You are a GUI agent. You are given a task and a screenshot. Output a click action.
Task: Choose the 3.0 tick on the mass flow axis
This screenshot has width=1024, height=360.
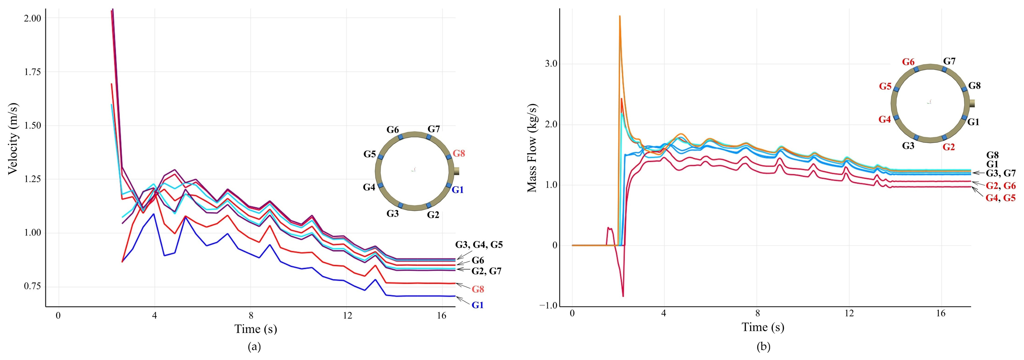pos(551,64)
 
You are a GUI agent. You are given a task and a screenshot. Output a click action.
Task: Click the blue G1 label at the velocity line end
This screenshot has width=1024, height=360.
pos(477,305)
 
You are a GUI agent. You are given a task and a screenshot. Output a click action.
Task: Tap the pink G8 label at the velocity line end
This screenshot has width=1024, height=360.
pos(478,289)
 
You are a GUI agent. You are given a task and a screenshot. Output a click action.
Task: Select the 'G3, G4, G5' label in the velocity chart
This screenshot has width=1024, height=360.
pos(479,245)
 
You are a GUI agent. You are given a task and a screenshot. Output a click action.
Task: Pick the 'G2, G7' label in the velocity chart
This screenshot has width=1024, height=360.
pos(486,271)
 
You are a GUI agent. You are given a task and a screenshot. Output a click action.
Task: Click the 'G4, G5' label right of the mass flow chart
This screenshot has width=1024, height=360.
pos(1000,198)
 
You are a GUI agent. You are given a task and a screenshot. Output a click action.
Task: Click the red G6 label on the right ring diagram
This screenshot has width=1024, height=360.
pos(908,62)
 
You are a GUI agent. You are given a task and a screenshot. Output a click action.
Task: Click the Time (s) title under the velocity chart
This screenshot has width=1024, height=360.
pos(256,329)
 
